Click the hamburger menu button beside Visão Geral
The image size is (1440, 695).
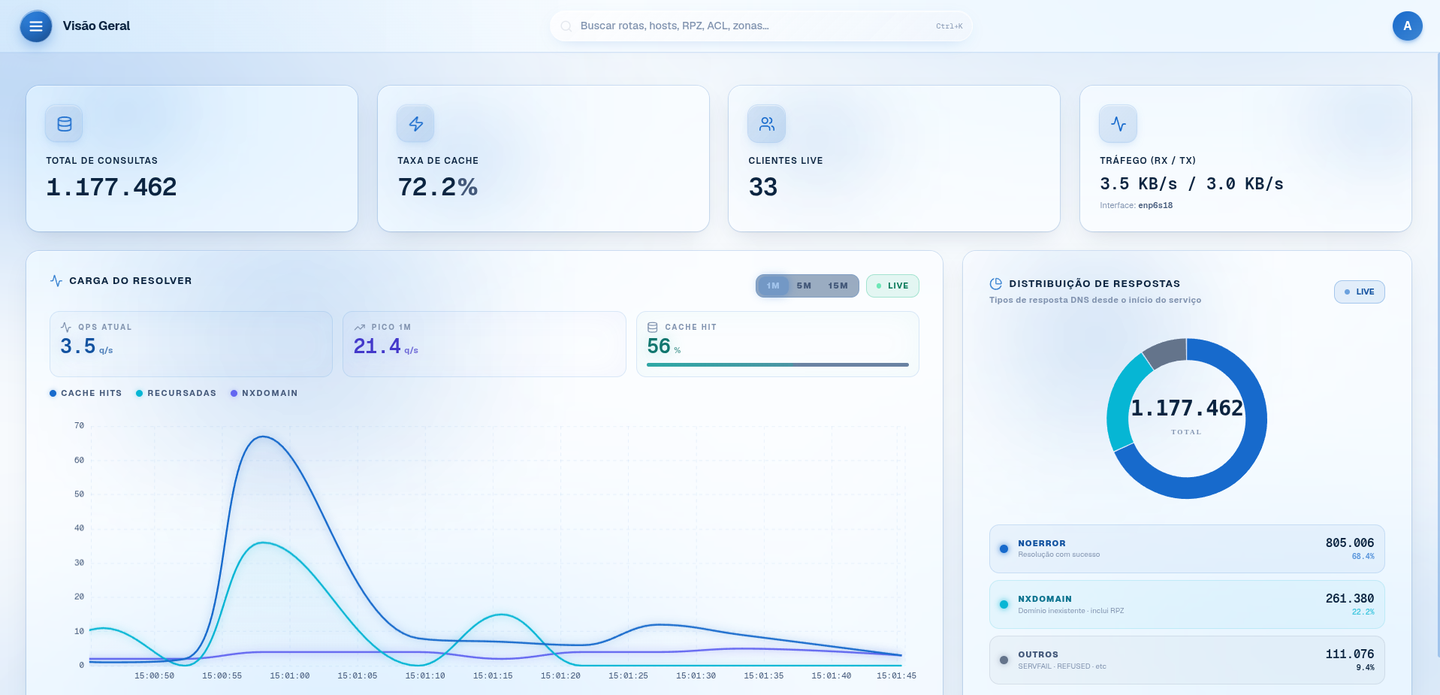coord(35,26)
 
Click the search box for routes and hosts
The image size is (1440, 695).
coord(761,26)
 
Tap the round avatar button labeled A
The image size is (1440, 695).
coord(1407,26)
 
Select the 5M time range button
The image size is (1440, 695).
coord(804,286)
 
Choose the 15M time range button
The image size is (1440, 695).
coord(838,286)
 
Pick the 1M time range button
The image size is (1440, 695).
coord(773,286)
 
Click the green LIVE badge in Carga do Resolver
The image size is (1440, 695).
coord(892,286)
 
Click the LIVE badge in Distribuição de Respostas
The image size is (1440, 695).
coord(1359,292)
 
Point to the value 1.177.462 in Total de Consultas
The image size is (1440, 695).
coord(111,187)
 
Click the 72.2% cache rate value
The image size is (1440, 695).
coord(438,187)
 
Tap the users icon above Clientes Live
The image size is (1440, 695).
coord(766,124)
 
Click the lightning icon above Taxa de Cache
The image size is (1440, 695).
coord(415,124)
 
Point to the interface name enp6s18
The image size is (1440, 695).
coord(1155,206)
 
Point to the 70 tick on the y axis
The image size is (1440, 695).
coord(79,426)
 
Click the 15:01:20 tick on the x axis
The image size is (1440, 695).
coord(560,676)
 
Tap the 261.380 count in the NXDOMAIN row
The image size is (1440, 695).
coord(1349,599)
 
